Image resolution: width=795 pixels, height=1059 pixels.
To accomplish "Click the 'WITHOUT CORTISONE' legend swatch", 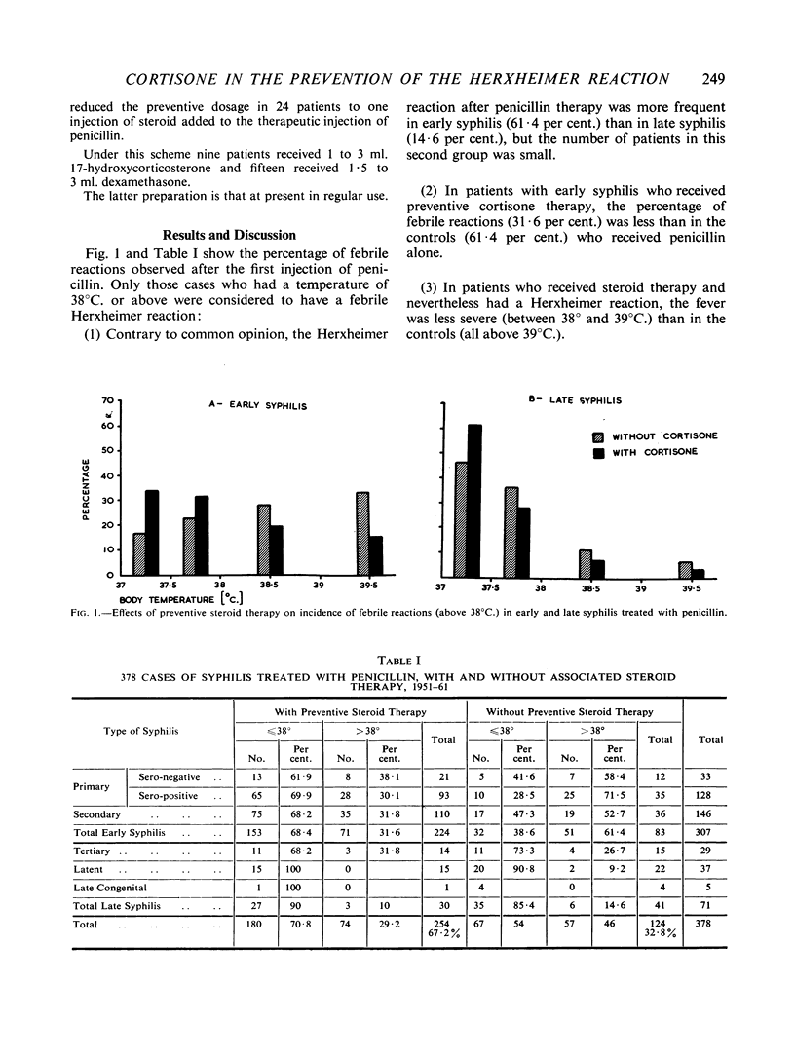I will coord(598,436).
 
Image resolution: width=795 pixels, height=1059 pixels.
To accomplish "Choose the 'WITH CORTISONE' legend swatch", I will coord(598,452).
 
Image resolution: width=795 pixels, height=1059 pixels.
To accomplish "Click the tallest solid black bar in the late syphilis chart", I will coord(474,500).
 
